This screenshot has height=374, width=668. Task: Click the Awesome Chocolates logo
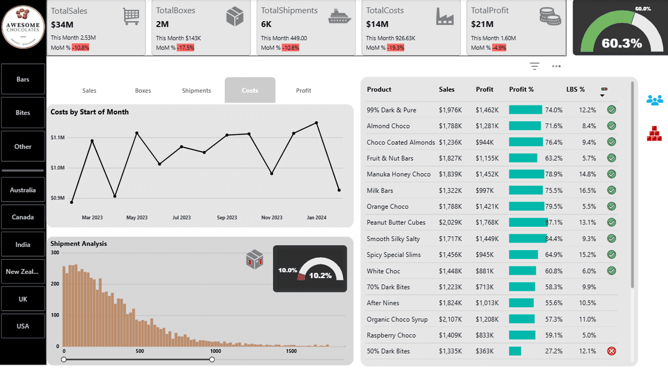[x=23, y=27]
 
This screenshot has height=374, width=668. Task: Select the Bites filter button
[x=23, y=113]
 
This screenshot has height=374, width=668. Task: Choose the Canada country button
[x=23, y=217]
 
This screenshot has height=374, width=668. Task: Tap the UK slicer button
[x=23, y=299]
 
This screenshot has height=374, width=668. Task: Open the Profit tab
[x=303, y=90]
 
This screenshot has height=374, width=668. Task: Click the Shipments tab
[x=196, y=90]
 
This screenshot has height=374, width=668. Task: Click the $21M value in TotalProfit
[x=482, y=24]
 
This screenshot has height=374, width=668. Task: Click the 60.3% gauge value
[x=621, y=43]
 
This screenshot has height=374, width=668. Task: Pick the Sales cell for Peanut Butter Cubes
[x=450, y=223]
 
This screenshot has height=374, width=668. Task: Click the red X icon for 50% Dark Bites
[x=612, y=351]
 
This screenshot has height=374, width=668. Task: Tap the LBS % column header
[x=575, y=90]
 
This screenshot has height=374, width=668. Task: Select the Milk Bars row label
[x=380, y=190]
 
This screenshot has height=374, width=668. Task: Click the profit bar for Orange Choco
[x=526, y=206]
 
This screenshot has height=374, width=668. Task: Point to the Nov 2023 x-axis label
[x=272, y=218]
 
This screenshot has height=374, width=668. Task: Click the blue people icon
[x=654, y=100]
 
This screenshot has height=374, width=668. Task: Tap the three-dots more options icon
[x=556, y=66]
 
